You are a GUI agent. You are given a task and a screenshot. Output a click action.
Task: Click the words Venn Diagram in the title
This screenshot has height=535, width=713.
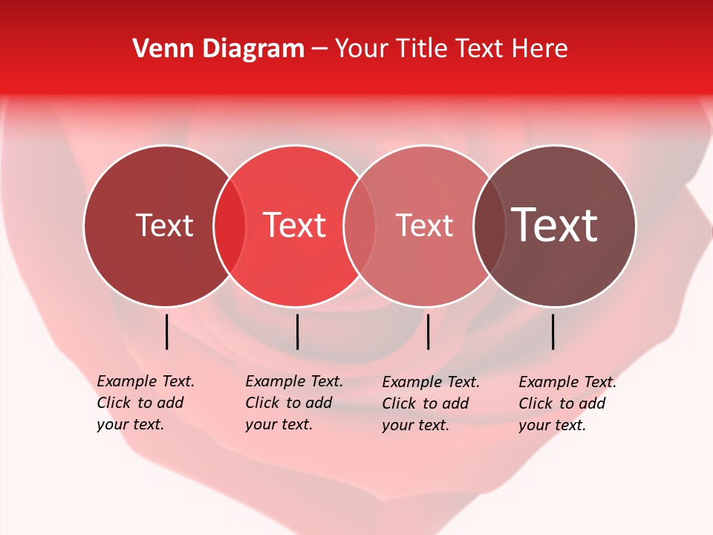[x=218, y=49]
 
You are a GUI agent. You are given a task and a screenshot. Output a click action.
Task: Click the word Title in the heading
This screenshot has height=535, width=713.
[x=423, y=49]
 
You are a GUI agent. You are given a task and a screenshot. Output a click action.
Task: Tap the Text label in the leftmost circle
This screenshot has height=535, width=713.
[x=164, y=225]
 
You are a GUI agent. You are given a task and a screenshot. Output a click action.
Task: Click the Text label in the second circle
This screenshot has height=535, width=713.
[x=295, y=225]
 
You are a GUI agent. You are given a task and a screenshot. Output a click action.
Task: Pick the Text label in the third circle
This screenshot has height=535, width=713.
[x=424, y=225]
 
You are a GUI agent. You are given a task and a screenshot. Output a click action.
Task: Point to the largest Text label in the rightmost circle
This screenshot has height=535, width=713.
[x=555, y=225]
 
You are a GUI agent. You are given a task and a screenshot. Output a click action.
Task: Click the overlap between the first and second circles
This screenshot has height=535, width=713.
[x=229, y=225]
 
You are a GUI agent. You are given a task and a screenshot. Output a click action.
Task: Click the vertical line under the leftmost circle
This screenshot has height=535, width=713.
[x=166, y=331]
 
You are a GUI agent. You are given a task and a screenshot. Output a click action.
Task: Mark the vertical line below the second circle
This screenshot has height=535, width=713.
[x=297, y=331]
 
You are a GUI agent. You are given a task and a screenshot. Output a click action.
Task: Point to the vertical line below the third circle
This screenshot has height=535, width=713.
[x=428, y=331]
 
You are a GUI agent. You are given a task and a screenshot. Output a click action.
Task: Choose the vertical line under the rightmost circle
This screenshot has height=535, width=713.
[x=553, y=331]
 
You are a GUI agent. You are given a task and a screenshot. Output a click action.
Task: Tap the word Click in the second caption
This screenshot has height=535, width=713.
[x=262, y=403]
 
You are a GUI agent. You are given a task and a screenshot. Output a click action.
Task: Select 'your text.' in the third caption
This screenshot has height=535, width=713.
[x=415, y=426]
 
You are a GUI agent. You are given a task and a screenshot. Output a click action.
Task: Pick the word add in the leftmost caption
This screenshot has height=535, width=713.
[x=170, y=403]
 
